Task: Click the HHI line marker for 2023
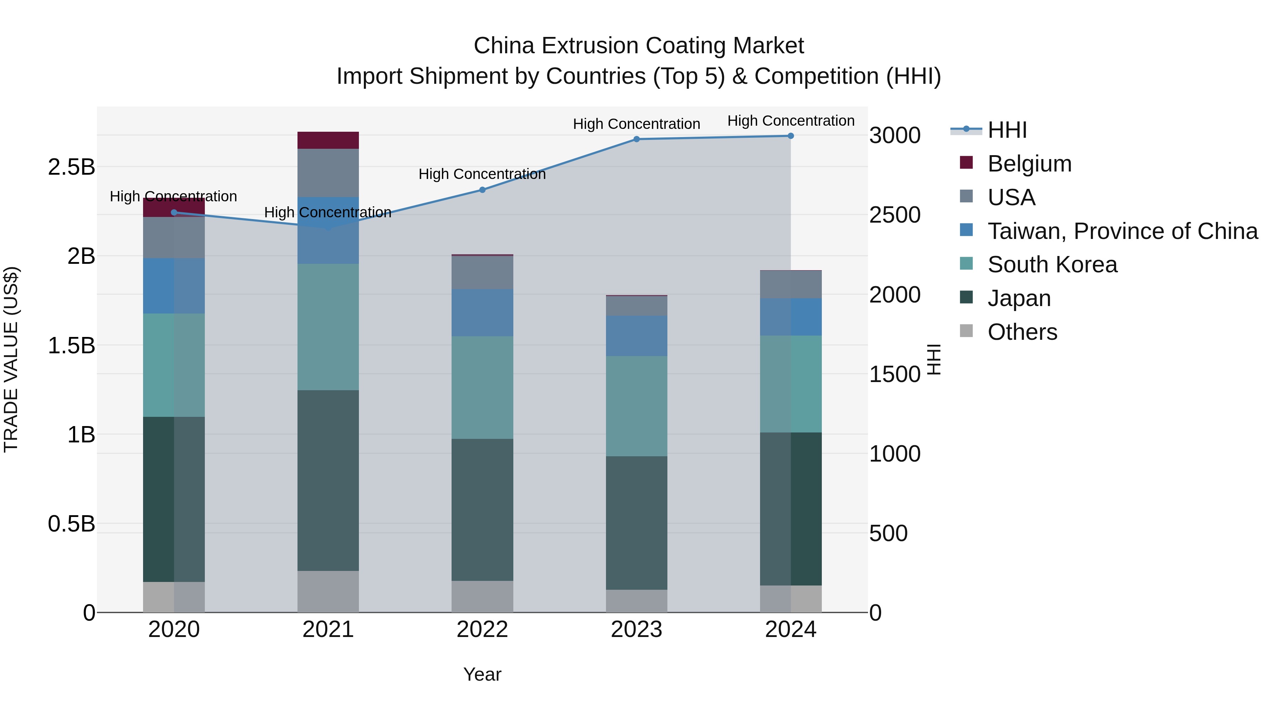[637, 139]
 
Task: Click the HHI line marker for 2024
[791, 136]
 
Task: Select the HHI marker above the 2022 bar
[482, 190]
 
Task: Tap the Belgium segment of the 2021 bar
[328, 140]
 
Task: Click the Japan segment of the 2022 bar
[482, 510]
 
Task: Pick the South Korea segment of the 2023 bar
[637, 406]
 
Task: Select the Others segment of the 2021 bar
[328, 592]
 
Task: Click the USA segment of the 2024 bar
[791, 284]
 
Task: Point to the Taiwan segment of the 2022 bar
[482, 312]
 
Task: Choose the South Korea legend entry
[1052, 265]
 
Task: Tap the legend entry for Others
[1022, 332]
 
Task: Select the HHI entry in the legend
[1007, 130]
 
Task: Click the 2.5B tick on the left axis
[71, 167]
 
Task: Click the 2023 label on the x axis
[637, 630]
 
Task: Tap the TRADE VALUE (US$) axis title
[11, 359]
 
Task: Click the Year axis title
[482, 674]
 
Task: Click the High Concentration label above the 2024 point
[791, 121]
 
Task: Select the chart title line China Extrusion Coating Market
[639, 46]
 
